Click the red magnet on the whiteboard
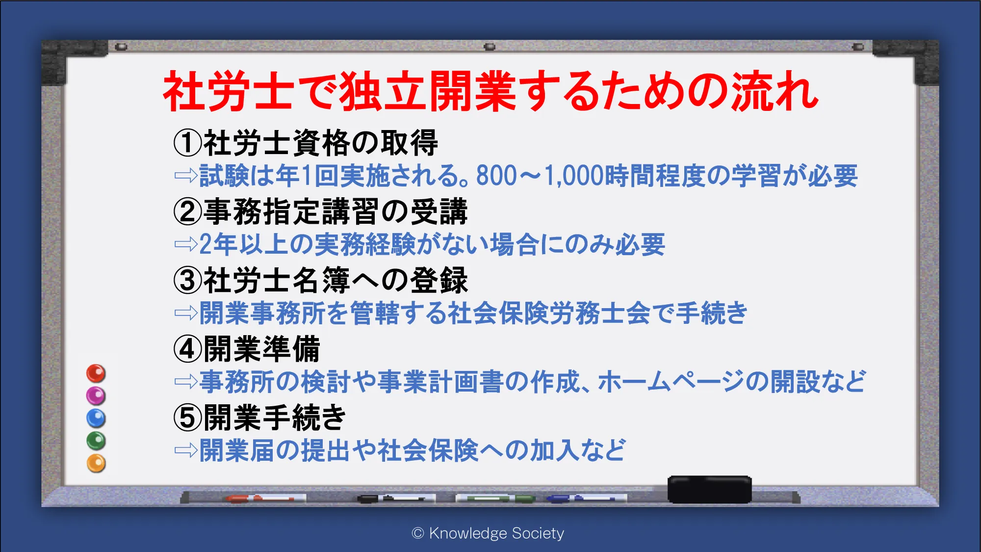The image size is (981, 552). click(96, 373)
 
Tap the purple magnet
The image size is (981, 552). click(96, 395)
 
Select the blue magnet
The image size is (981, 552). click(96, 418)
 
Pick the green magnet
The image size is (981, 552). click(96, 441)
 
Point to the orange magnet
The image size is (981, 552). click(96, 463)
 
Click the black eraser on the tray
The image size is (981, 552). click(709, 489)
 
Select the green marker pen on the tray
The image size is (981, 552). click(495, 499)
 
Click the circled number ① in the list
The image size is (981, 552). click(188, 143)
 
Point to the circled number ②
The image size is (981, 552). click(188, 211)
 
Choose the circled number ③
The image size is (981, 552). click(188, 280)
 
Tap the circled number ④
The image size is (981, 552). click(188, 349)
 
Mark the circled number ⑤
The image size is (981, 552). click(188, 418)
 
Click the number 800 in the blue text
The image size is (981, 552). click(496, 176)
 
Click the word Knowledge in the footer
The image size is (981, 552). click(468, 533)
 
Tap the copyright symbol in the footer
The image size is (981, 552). click(418, 533)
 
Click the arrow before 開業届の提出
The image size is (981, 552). click(186, 450)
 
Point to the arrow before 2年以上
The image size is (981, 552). click(186, 244)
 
